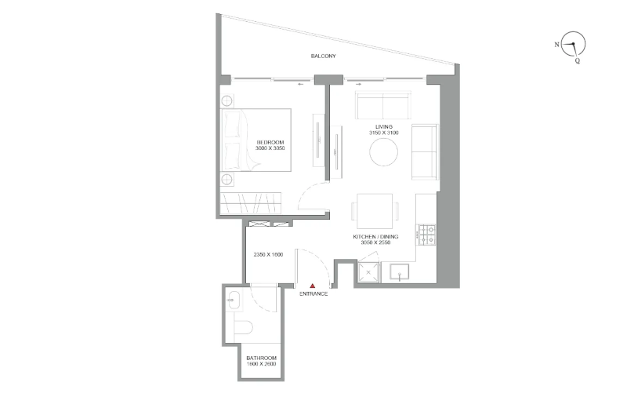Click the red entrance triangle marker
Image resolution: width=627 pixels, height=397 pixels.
[x=313, y=286]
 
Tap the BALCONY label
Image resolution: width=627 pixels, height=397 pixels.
[x=324, y=56]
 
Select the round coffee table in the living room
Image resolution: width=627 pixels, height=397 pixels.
[x=383, y=152]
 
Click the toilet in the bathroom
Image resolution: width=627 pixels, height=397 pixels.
[x=242, y=328]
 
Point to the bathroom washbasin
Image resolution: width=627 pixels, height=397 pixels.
[x=234, y=301]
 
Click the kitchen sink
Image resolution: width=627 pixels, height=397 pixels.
[x=400, y=271]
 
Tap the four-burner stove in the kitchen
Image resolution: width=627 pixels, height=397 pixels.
[x=427, y=235]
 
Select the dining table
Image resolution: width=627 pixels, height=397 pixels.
[x=375, y=211]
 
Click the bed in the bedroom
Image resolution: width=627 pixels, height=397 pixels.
[x=256, y=140]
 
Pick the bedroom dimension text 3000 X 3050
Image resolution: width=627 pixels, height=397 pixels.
[x=270, y=148]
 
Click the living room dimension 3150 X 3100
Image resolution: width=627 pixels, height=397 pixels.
[x=384, y=133]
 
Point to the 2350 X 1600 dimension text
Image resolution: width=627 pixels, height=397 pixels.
[x=268, y=254]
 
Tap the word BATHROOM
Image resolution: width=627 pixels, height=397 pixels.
[x=261, y=359]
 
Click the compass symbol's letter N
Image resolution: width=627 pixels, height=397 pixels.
[x=556, y=45]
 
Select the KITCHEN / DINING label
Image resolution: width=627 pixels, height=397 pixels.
[x=375, y=237]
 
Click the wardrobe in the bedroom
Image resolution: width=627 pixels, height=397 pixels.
[x=251, y=203]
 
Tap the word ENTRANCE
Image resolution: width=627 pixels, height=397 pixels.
[x=313, y=293]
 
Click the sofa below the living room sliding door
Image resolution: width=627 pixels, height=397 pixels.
[x=383, y=105]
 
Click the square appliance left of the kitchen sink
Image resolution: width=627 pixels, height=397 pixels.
[x=368, y=273]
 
